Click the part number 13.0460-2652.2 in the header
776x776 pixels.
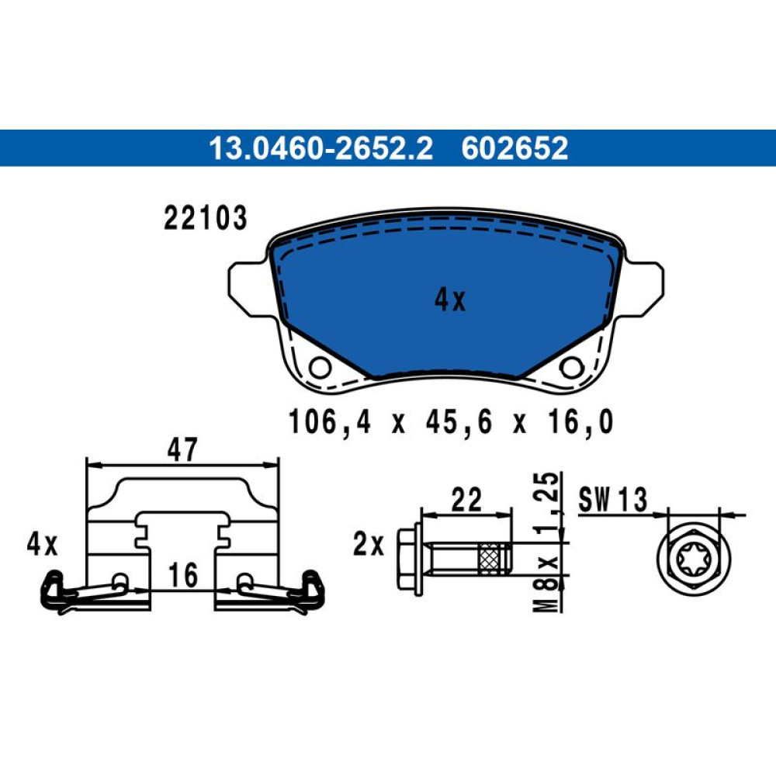tap(320, 148)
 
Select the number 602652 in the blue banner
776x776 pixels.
tap(514, 148)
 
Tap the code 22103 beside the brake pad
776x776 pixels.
tap(205, 218)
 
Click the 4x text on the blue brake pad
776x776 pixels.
tap(450, 300)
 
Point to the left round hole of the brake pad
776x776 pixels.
tap(320, 368)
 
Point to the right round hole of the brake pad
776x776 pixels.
tap(570, 367)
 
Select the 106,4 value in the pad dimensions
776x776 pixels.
tap(329, 422)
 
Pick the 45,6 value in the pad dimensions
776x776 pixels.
tap(459, 422)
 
